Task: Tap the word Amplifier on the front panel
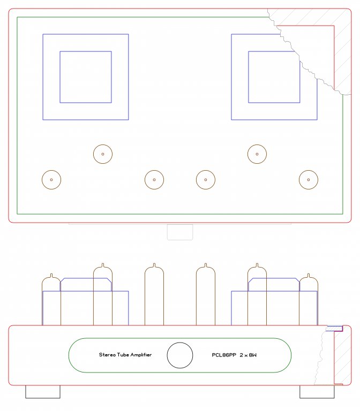tap(141, 355)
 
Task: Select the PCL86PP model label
tap(224, 355)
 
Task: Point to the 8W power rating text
tap(252, 355)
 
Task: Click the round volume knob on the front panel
tap(180, 355)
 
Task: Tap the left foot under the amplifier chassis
tap(43, 392)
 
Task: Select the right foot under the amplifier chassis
tap(317, 392)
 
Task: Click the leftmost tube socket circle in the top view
tap(51, 170)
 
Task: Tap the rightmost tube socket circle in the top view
tap(309, 170)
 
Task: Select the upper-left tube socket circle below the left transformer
tap(103, 144)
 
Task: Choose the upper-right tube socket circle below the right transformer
tap(257, 144)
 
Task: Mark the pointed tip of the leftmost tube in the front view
tap(51, 274)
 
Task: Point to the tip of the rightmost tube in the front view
tap(309, 274)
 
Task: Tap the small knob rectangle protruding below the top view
tap(180, 240)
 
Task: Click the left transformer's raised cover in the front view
tap(86, 278)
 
